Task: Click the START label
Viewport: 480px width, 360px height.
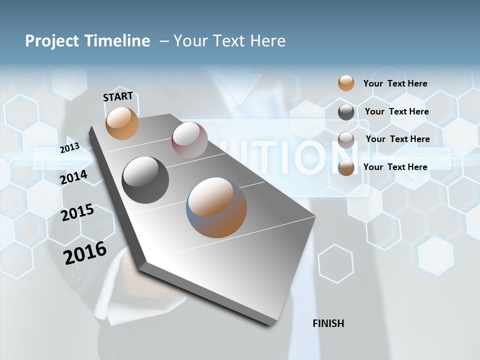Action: [118, 96]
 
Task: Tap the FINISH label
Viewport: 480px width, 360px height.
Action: [328, 323]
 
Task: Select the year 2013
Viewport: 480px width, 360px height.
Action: [69, 147]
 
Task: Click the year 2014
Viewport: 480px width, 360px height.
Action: [74, 177]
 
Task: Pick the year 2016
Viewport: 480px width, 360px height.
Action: [85, 252]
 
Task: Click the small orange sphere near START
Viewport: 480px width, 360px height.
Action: [122, 123]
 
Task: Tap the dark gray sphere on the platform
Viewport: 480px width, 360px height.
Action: [145, 180]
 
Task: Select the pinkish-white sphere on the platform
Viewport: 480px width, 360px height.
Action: [189, 140]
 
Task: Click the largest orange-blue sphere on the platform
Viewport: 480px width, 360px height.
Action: [216, 207]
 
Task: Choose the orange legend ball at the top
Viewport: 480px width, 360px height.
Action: [346, 83]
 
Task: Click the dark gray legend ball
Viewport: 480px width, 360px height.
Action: [346, 112]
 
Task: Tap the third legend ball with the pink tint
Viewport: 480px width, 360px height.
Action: [346, 140]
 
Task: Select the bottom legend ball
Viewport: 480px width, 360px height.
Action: [346, 167]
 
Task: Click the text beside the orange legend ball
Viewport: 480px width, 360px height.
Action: [395, 83]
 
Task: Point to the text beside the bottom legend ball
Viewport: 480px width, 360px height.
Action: [395, 167]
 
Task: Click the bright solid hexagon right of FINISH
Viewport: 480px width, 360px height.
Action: [435, 255]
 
